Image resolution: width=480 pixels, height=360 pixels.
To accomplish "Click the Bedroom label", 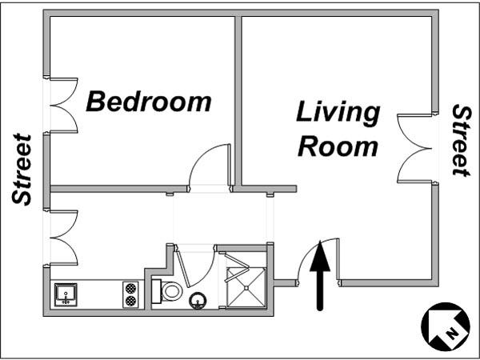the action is click(x=149, y=102).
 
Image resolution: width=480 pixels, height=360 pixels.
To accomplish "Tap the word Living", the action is click(x=338, y=113).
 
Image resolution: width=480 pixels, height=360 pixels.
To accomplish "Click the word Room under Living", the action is click(x=338, y=147).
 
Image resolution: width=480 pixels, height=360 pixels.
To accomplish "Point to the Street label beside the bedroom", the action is click(x=22, y=170).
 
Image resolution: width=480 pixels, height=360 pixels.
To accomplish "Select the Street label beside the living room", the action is click(x=461, y=141).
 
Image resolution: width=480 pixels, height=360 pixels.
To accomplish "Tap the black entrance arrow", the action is click(x=320, y=275).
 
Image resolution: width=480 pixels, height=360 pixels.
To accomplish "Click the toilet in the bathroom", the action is click(x=167, y=291).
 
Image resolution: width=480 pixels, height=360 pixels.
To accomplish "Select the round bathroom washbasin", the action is click(x=198, y=301).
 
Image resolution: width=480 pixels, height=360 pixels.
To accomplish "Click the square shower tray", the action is click(x=246, y=287).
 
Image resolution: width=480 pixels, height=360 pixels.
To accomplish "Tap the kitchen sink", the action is click(x=66, y=294).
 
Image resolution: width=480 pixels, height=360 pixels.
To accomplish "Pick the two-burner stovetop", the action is click(x=130, y=294).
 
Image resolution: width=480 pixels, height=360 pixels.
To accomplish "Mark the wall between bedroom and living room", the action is click(x=238, y=101).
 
